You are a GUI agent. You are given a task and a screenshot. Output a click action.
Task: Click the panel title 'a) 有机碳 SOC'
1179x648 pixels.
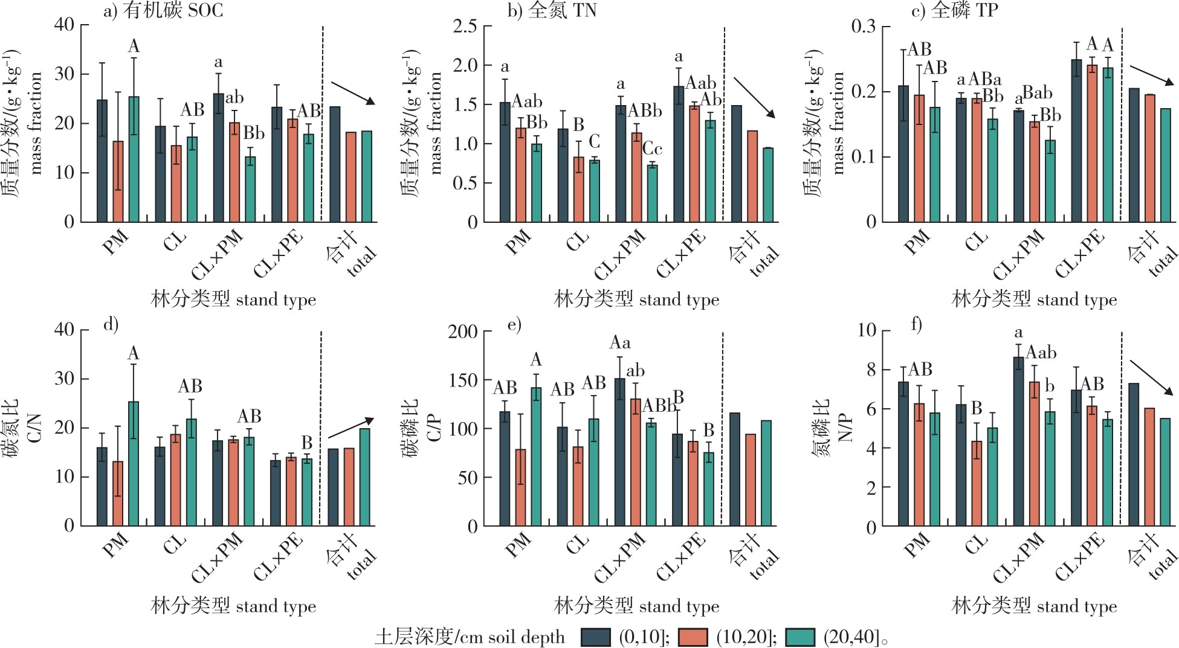[163, 10]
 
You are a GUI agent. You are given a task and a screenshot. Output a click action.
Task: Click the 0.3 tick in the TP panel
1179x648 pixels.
[864, 27]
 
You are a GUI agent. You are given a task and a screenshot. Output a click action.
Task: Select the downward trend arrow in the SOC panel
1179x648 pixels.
[352, 93]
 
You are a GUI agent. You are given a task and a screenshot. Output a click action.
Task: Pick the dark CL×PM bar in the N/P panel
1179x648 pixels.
[1019, 441]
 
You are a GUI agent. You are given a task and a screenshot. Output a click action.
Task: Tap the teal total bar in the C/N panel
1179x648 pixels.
[364, 476]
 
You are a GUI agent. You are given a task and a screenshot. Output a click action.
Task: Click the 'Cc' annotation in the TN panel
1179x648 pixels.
[652, 149]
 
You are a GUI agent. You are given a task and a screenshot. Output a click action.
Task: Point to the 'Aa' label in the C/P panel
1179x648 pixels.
[620, 343]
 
